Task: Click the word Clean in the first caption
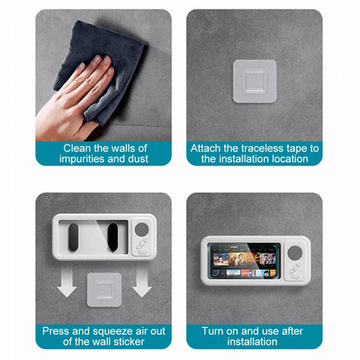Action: [x=77, y=148]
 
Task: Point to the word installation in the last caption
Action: [x=252, y=342]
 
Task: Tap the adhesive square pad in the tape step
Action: [x=254, y=81]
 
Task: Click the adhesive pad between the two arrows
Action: [x=104, y=290]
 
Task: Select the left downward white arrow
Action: [x=67, y=282]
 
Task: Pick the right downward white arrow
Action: [x=142, y=282]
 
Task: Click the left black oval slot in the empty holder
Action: [x=74, y=237]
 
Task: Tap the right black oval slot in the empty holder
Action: [x=112, y=237]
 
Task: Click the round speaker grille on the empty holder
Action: [x=142, y=229]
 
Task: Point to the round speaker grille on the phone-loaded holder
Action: [x=294, y=253]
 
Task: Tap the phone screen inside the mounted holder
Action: [x=244, y=261]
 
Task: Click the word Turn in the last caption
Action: [x=213, y=331]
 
